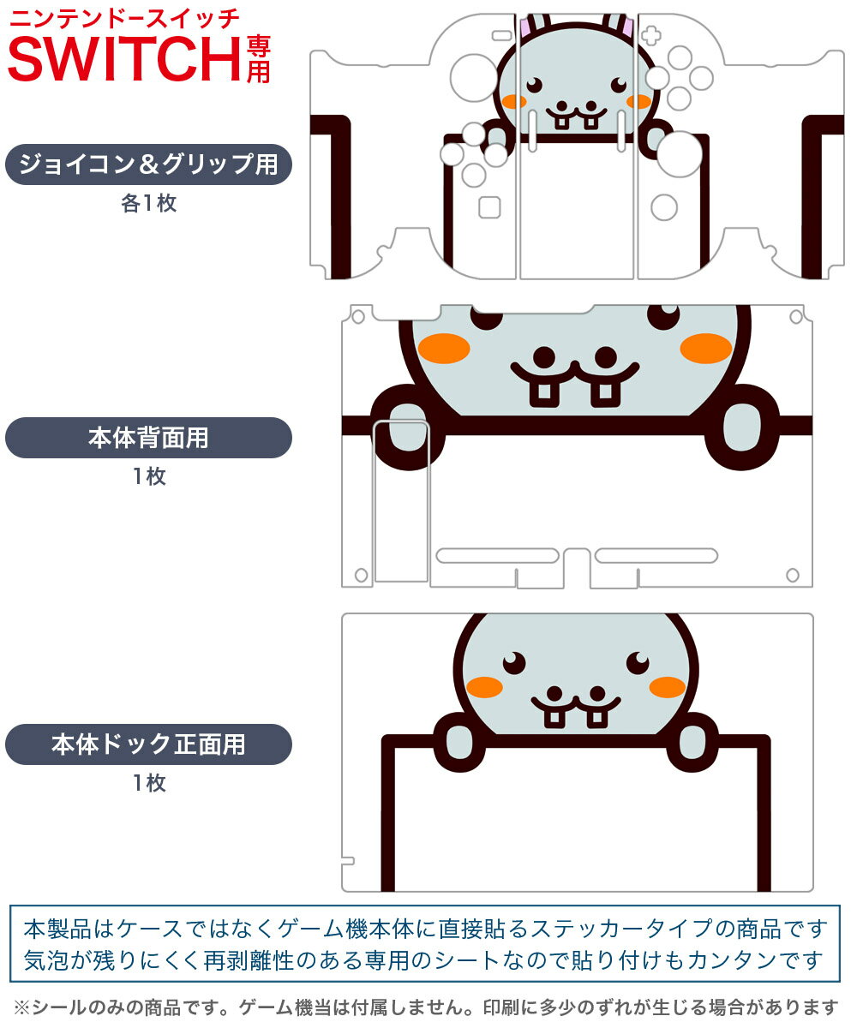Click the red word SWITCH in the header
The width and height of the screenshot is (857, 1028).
click(124, 59)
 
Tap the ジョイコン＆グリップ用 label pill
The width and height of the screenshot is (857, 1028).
click(148, 164)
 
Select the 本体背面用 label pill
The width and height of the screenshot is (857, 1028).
click(148, 438)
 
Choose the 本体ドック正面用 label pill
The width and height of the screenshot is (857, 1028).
click(148, 744)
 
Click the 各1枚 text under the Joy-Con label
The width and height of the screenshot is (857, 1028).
click(149, 203)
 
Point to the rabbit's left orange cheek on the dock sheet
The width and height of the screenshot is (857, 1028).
click(485, 687)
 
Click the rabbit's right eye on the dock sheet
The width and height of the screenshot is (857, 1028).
click(638, 662)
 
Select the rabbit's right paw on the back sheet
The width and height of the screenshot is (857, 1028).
click(741, 427)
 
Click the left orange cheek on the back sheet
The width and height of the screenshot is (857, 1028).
click(444, 349)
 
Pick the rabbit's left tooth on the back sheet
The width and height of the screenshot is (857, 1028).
click(543, 391)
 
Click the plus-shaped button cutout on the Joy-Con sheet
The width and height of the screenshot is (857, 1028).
click(651, 35)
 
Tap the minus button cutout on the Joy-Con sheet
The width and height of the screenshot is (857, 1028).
click(502, 35)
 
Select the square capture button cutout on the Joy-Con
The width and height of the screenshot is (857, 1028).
click(489, 207)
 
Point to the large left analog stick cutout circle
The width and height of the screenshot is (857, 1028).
click(474, 78)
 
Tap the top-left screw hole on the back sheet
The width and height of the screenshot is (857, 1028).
click(358, 317)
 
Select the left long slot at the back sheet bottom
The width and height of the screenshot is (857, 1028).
click(497, 555)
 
